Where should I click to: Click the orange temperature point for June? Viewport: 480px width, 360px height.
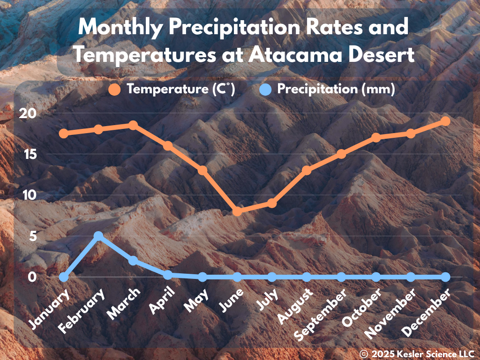coord(237,211)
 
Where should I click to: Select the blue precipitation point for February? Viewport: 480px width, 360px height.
coord(98,236)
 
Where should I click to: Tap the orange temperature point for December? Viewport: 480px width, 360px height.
coord(445,121)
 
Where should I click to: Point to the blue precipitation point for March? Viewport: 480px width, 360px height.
coord(133,261)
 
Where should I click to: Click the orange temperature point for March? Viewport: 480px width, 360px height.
coord(133,125)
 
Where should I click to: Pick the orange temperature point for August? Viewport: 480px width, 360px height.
coord(307,171)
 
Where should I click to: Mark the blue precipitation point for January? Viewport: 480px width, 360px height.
coord(64,277)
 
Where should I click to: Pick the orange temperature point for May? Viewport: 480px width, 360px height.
coord(202,171)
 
